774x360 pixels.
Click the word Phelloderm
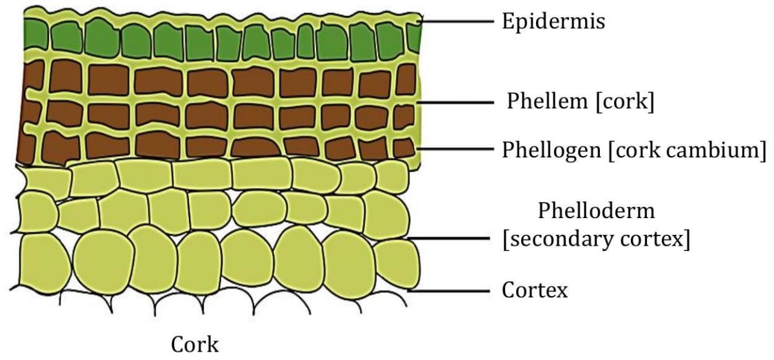tap(596, 211)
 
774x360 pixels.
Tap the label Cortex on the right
tap(535, 290)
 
